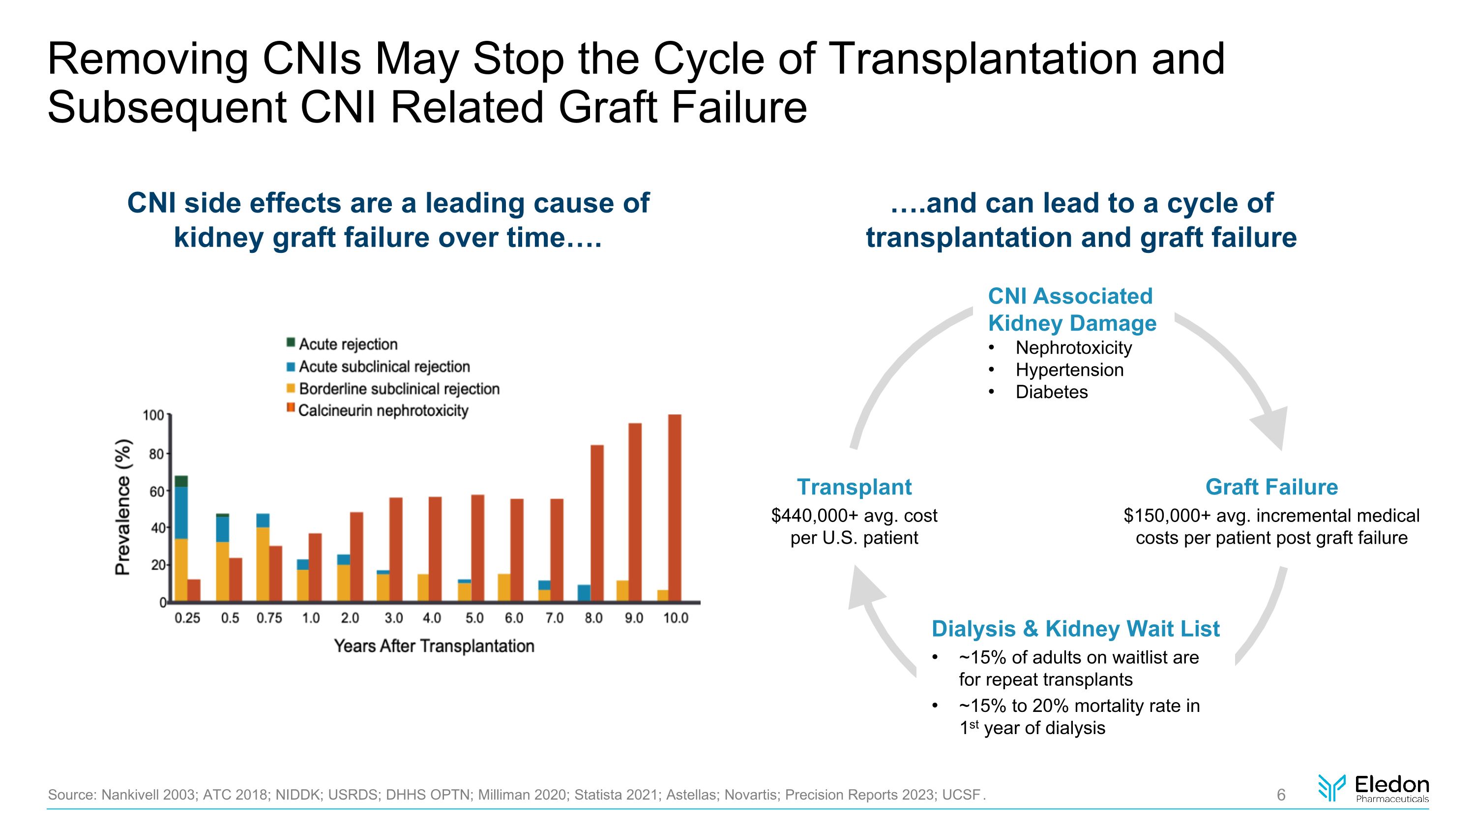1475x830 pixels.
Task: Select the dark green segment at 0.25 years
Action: click(181, 481)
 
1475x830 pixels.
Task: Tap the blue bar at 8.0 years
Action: click(584, 593)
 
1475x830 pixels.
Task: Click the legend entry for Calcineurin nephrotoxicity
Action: click(383, 411)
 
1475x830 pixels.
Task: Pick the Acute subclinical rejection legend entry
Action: click(383, 367)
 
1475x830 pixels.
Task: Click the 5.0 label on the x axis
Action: click(474, 618)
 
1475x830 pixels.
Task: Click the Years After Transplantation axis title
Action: click(434, 646)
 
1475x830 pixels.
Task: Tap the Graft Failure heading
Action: click(1271, 487)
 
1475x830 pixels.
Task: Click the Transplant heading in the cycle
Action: click(854, 487)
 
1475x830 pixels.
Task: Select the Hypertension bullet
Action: click(1069, 370)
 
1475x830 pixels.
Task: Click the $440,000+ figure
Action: click(814, 516)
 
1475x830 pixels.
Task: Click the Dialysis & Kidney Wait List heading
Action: click(1075, 629)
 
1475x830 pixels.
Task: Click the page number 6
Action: click(1281, 795)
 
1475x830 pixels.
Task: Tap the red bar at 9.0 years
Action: click(635, 512)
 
